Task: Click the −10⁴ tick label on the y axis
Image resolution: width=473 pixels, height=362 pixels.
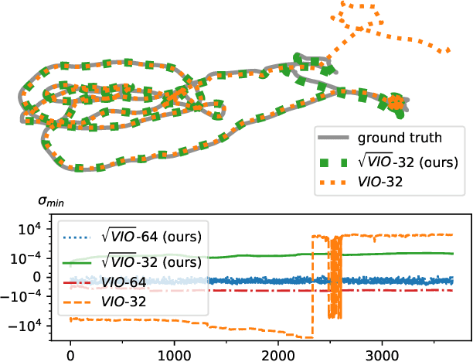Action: (x=34, y=326)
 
